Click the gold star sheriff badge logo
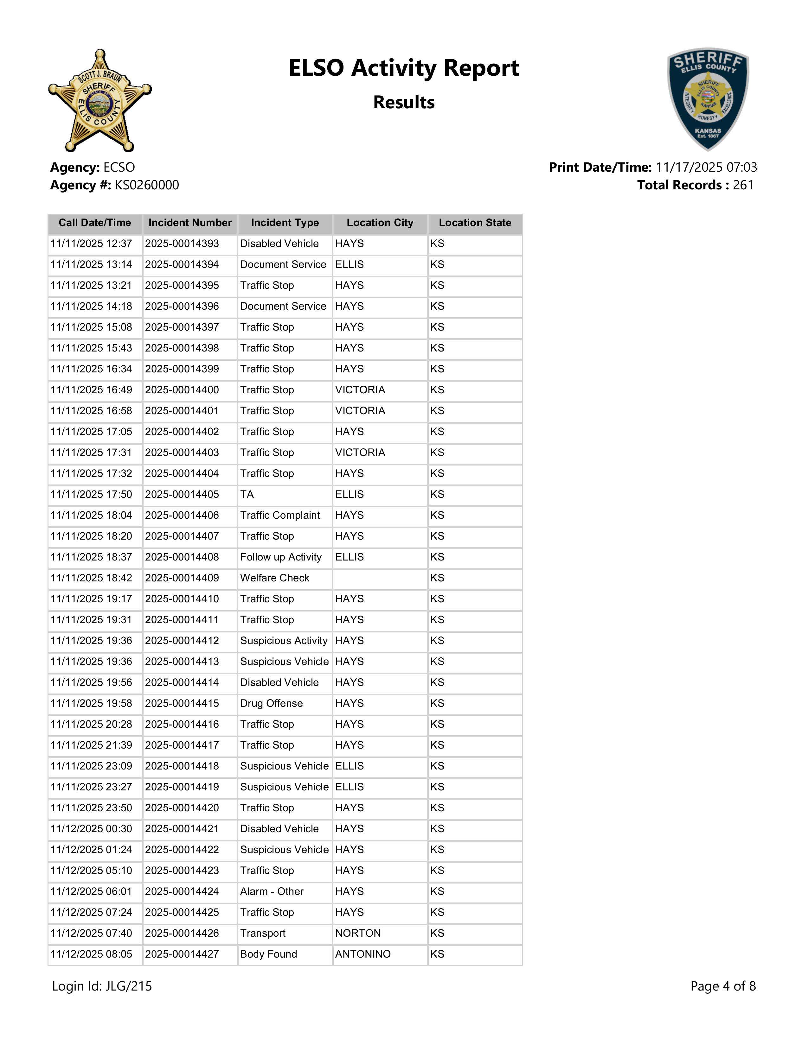(99, 100)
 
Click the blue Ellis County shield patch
(708, 99)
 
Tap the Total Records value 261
(743, 185)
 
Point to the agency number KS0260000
(147, 185)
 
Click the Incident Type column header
(285, 223)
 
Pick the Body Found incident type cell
(268, 954)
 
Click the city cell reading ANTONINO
(363, 954)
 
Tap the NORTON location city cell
(358, 933)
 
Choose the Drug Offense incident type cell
(272, 703)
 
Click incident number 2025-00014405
(182, 494)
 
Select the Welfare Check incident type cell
(275, 578)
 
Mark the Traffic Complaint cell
(280, 515)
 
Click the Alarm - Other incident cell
(272, 891)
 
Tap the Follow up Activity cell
(281, 557)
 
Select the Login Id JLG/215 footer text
(102, 986)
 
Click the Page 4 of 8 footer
(723, 986)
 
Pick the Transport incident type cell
(263, 933)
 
